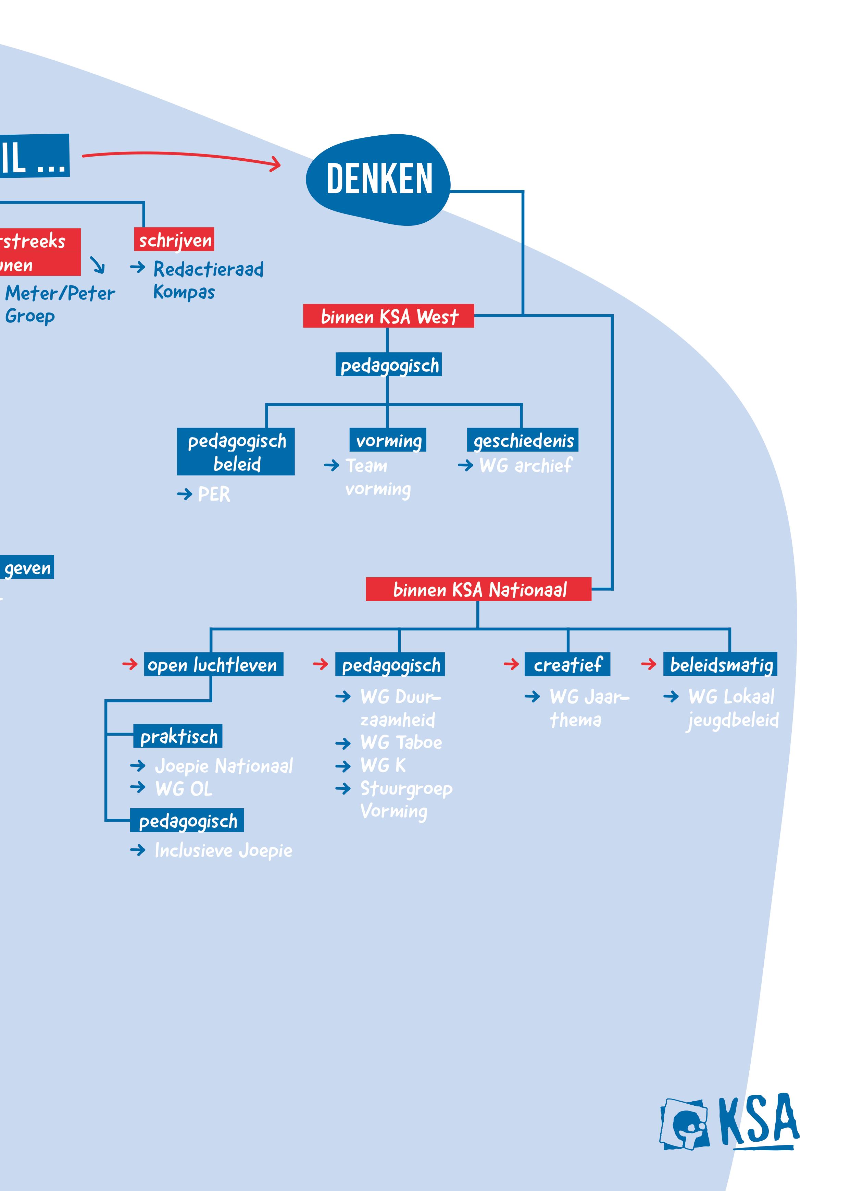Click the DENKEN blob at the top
(378, 179)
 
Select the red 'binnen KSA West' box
(388, 316)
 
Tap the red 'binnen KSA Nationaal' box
(478, 589)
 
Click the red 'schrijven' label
(175, 240)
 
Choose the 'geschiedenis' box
(523, 440)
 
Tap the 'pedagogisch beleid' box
(236, 452)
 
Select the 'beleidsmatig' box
(721, 665)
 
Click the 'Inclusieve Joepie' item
(223, 850)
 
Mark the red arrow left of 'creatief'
(511, 665)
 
